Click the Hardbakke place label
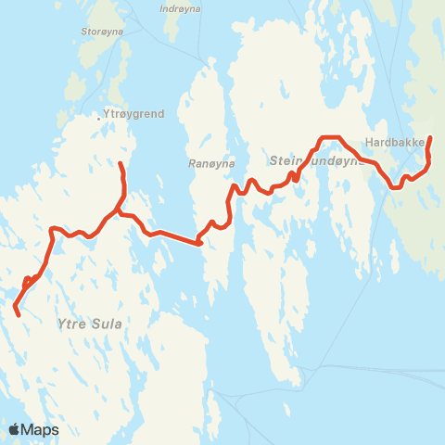[x=395, y=143]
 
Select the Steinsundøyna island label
[x=305, y=161]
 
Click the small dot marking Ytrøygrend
[x=99, y=118]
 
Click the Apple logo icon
[x=15, y=429]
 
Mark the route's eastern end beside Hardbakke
[x=430, y=138]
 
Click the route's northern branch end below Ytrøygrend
[x=121, y=164]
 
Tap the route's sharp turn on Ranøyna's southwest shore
[x=199, y=243]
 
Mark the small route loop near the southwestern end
[x=28, y=280]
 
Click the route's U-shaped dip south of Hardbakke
[x=395, y=185]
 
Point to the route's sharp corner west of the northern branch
[x=52, y=228]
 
